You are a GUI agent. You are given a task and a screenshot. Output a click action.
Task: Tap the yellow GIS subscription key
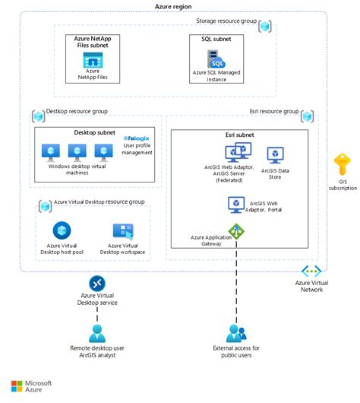[342, 163]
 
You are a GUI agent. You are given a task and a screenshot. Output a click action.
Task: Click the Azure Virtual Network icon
[312, 271]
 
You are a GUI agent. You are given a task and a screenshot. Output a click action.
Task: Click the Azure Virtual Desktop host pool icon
[62, 230]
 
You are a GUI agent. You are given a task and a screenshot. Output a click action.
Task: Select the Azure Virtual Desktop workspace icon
[123, 231]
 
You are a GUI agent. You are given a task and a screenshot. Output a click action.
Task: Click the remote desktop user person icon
[97, 332]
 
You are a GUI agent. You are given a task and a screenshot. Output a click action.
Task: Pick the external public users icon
[236, 332]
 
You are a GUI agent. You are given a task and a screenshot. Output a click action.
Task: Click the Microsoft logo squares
[18, 386]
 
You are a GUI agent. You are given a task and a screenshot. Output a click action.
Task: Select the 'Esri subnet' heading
[239, 135]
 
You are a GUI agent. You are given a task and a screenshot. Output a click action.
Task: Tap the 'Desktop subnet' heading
[95, 132]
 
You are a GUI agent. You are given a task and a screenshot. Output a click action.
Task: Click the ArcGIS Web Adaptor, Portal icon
[235, 204]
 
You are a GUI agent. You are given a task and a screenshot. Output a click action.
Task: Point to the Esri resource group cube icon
[308, 116]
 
